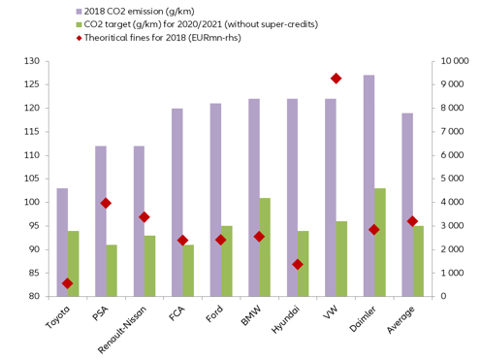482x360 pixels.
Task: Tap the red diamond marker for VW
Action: click(336, 79)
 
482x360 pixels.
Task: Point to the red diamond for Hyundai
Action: click(298, 264)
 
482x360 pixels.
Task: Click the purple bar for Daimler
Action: click(369, 185)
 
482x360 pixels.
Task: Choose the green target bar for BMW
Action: click(265, 247)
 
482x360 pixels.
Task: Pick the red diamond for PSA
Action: click(106, 203)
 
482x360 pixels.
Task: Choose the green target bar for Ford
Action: click(226, 261)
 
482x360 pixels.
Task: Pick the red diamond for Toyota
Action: click(68, 283)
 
